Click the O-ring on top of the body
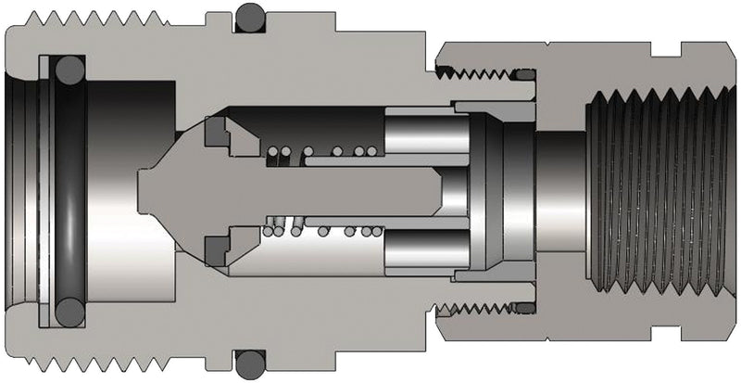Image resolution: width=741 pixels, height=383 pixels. point(249,16)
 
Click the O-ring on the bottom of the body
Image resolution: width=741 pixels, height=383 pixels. point(249,363)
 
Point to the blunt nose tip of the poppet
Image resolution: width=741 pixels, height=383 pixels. point(144,190)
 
